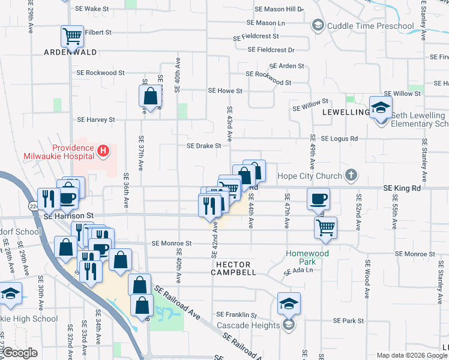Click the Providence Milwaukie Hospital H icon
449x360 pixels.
103,150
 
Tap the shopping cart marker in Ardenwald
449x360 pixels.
72,36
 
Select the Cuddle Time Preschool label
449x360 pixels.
370,26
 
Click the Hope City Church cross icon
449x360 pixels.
351,176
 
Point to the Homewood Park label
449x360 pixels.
308,257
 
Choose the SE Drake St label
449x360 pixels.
204,145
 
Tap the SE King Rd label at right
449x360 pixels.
402,188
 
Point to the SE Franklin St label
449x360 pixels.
237,314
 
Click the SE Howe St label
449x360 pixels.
224,91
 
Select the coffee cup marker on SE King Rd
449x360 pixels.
318,198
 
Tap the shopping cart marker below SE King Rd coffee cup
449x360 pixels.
325,227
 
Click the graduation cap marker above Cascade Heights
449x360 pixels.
289,303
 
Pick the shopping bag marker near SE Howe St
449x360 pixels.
150,95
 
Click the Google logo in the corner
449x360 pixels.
20,352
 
